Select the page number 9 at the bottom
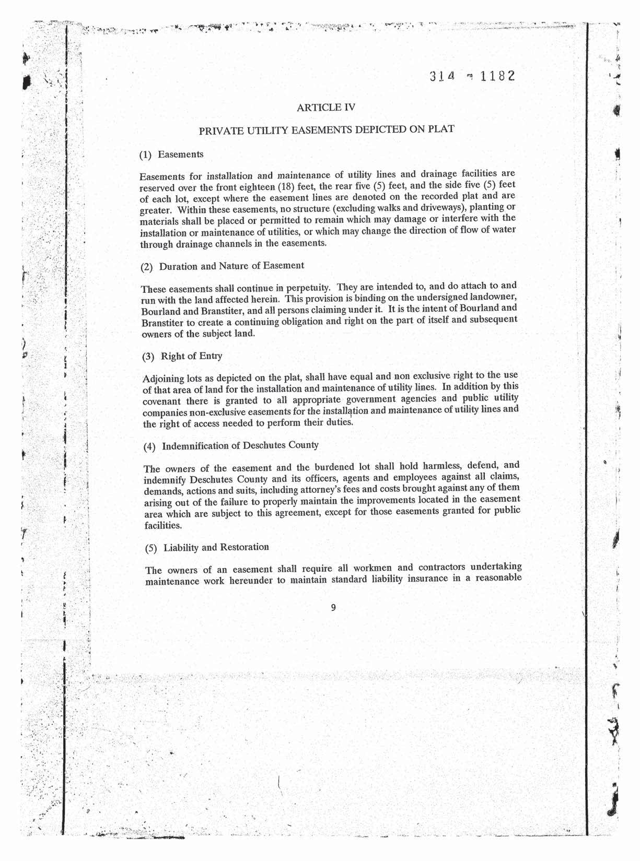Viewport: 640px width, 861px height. (333, 607)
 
